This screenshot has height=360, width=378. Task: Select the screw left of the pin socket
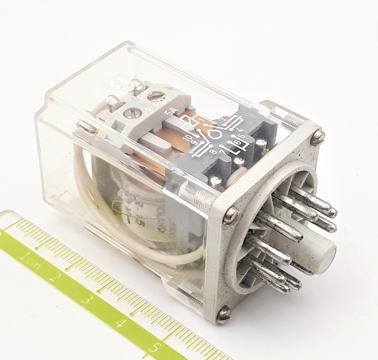(x=231, y=214)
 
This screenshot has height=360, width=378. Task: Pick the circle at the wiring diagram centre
(x=215, y=135)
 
